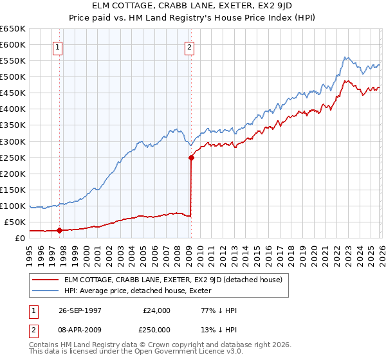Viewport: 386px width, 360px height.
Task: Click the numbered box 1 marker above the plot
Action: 58,46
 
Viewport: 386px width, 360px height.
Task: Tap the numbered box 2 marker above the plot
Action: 190,46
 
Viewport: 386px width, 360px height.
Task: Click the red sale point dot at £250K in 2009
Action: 191,157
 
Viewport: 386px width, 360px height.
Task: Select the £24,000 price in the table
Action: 156,310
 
